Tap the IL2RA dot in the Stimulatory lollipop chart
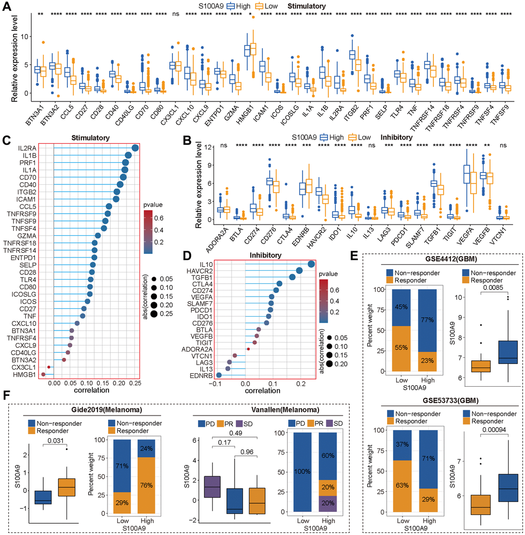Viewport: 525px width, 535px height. (x=135, y=148)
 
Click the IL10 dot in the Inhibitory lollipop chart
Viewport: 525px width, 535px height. (x=311, y=265)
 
